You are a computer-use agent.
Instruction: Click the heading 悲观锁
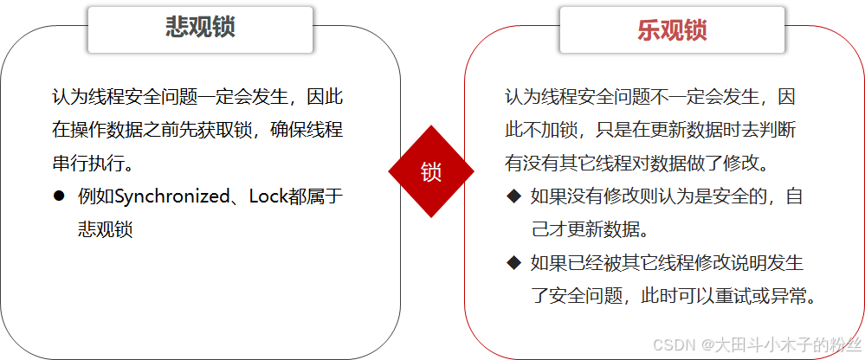point(200,28)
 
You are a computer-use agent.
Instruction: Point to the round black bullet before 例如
point(59,196)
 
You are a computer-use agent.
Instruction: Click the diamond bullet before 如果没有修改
point(514,196)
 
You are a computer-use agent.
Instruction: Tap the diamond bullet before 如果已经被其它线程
point(514,262)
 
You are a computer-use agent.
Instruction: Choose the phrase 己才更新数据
point(588,229)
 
